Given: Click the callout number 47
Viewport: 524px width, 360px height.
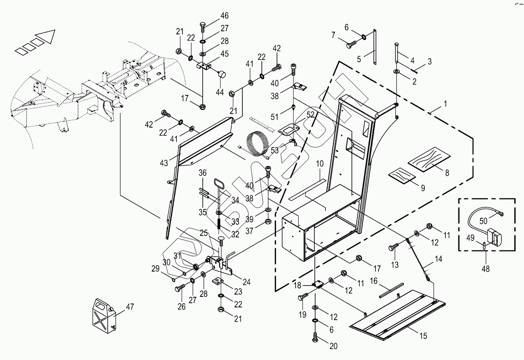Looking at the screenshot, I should [129, 307].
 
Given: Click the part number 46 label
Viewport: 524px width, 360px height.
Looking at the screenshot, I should [224, 16].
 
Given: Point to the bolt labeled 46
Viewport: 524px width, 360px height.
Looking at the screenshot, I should [203, 28].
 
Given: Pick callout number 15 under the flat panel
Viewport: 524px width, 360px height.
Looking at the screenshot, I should [423, 336].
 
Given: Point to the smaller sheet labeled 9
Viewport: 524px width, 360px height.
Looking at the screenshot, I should [402, 175].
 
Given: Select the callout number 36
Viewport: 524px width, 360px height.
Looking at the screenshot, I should [202, 173].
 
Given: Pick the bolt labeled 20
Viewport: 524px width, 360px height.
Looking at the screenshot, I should [316, 336].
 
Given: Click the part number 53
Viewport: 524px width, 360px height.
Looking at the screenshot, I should [275, 151].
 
